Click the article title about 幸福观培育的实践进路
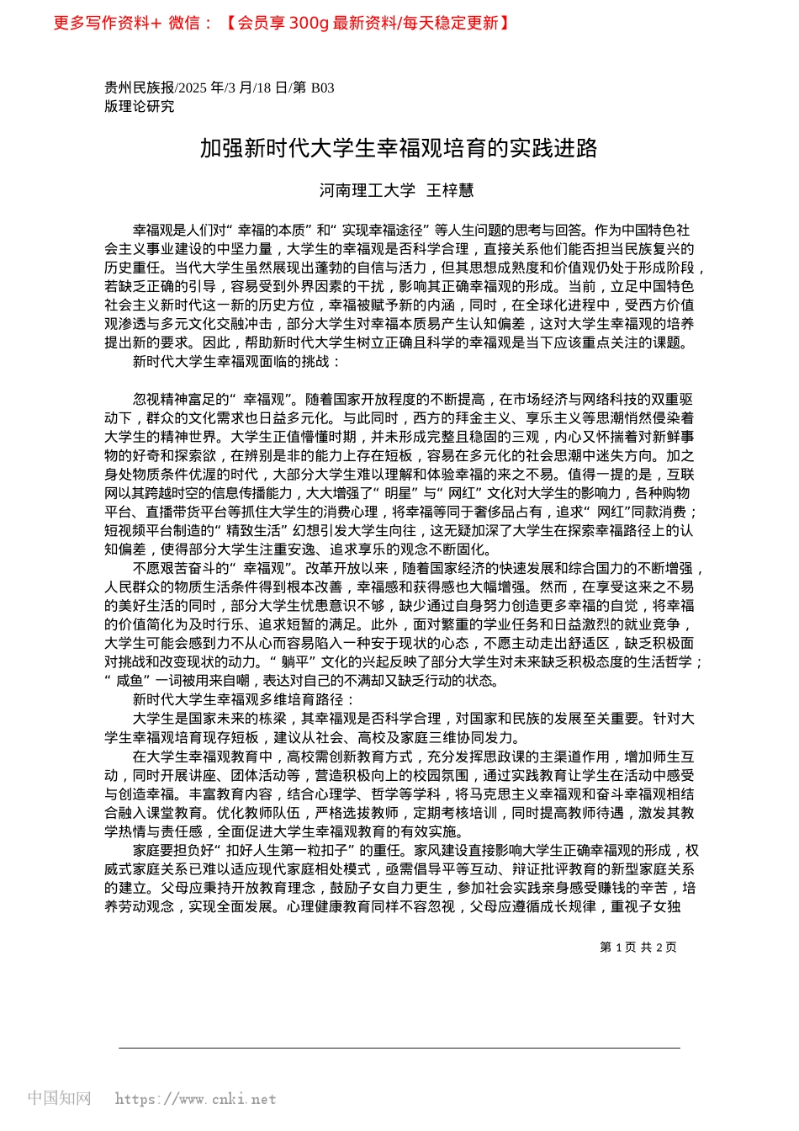pyautogui.click(x=399, y=149)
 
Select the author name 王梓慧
pyautogui.click(x=450, y=190)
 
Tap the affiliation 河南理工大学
pyautogui.click(x=368, y=190)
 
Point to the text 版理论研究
pyautogui.click(x=140, y=106)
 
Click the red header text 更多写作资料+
pyautogui.click(x=108, y=23)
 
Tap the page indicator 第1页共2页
pyautogui.click(x=638, y=947)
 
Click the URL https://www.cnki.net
pyautogui.click(x=195, y=1099)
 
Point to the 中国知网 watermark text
pyautogui.click(x=59, y=1098)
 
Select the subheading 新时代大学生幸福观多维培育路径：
pyautogui.click(x=244, y=700)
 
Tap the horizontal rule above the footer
pyautogui.click(x=399, y=1048)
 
